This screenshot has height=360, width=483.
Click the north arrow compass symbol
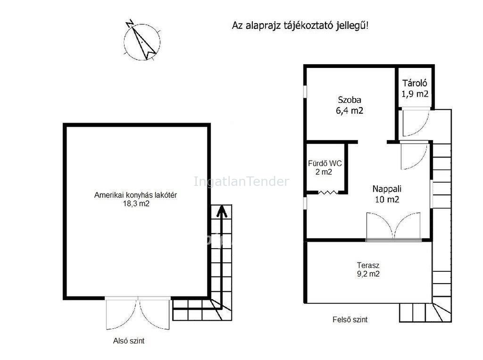pos(142,42)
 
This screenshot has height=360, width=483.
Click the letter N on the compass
pos(130,24)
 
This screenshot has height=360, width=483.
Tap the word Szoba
pos(350,100)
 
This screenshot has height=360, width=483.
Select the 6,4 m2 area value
pos(350,110)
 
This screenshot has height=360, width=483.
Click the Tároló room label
pos(415,83)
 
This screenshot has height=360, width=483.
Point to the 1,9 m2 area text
pos(415,94)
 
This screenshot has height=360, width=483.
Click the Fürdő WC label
pos(325,163)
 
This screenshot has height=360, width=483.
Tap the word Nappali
pos(387,189)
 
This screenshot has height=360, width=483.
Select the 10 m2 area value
pos(387,200)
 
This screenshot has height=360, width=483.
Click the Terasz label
pos(368,265)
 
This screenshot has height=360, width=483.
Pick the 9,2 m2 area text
pos(368,274)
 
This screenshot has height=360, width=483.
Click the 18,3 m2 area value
pos(136,203)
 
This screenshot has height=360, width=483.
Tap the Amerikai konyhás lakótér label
pos(135,195)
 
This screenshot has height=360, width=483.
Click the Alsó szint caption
pos(129,341)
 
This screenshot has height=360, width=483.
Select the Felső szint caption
pos(350,319)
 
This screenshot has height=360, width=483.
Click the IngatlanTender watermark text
pos(241,181)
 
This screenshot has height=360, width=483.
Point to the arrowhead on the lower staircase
pos(222,211)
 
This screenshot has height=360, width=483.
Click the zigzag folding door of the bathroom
pos(328,193)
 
